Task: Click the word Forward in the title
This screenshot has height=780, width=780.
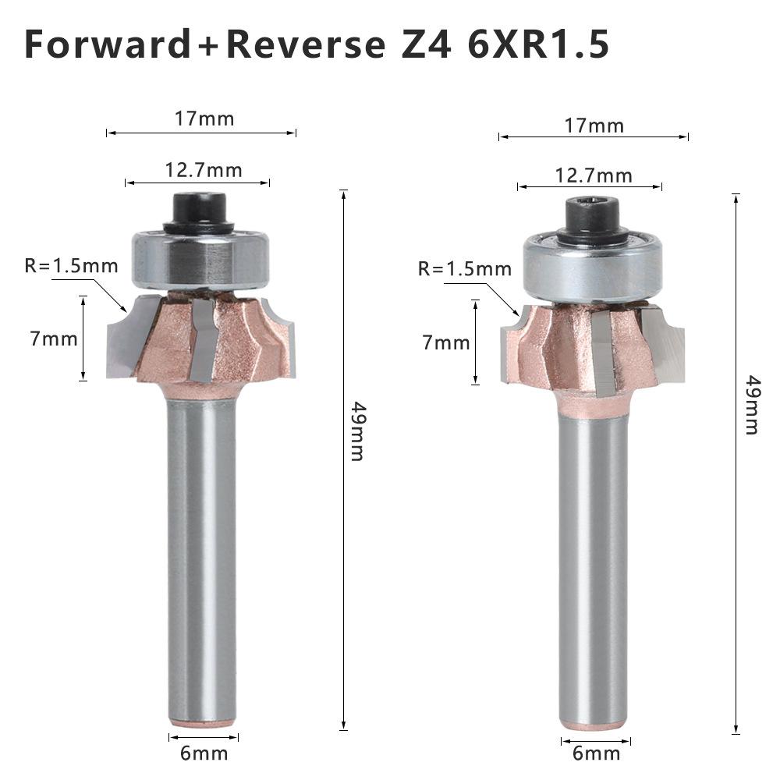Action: coord(108,44)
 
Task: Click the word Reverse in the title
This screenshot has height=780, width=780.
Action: coord(307,44)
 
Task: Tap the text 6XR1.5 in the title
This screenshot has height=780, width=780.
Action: coord(538,44)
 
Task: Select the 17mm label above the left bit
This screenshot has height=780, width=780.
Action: coord(204,119)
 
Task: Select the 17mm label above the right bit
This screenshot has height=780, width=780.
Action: coord(594,126)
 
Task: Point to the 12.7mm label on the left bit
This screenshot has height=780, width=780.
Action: coord(204,170)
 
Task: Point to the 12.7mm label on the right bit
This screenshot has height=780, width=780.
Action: coord(594,175)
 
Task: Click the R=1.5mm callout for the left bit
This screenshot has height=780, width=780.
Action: coord(71,266)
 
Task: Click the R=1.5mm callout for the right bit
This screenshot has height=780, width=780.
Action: coord(465,268)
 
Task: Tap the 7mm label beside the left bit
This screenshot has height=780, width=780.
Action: coord(54,339)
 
